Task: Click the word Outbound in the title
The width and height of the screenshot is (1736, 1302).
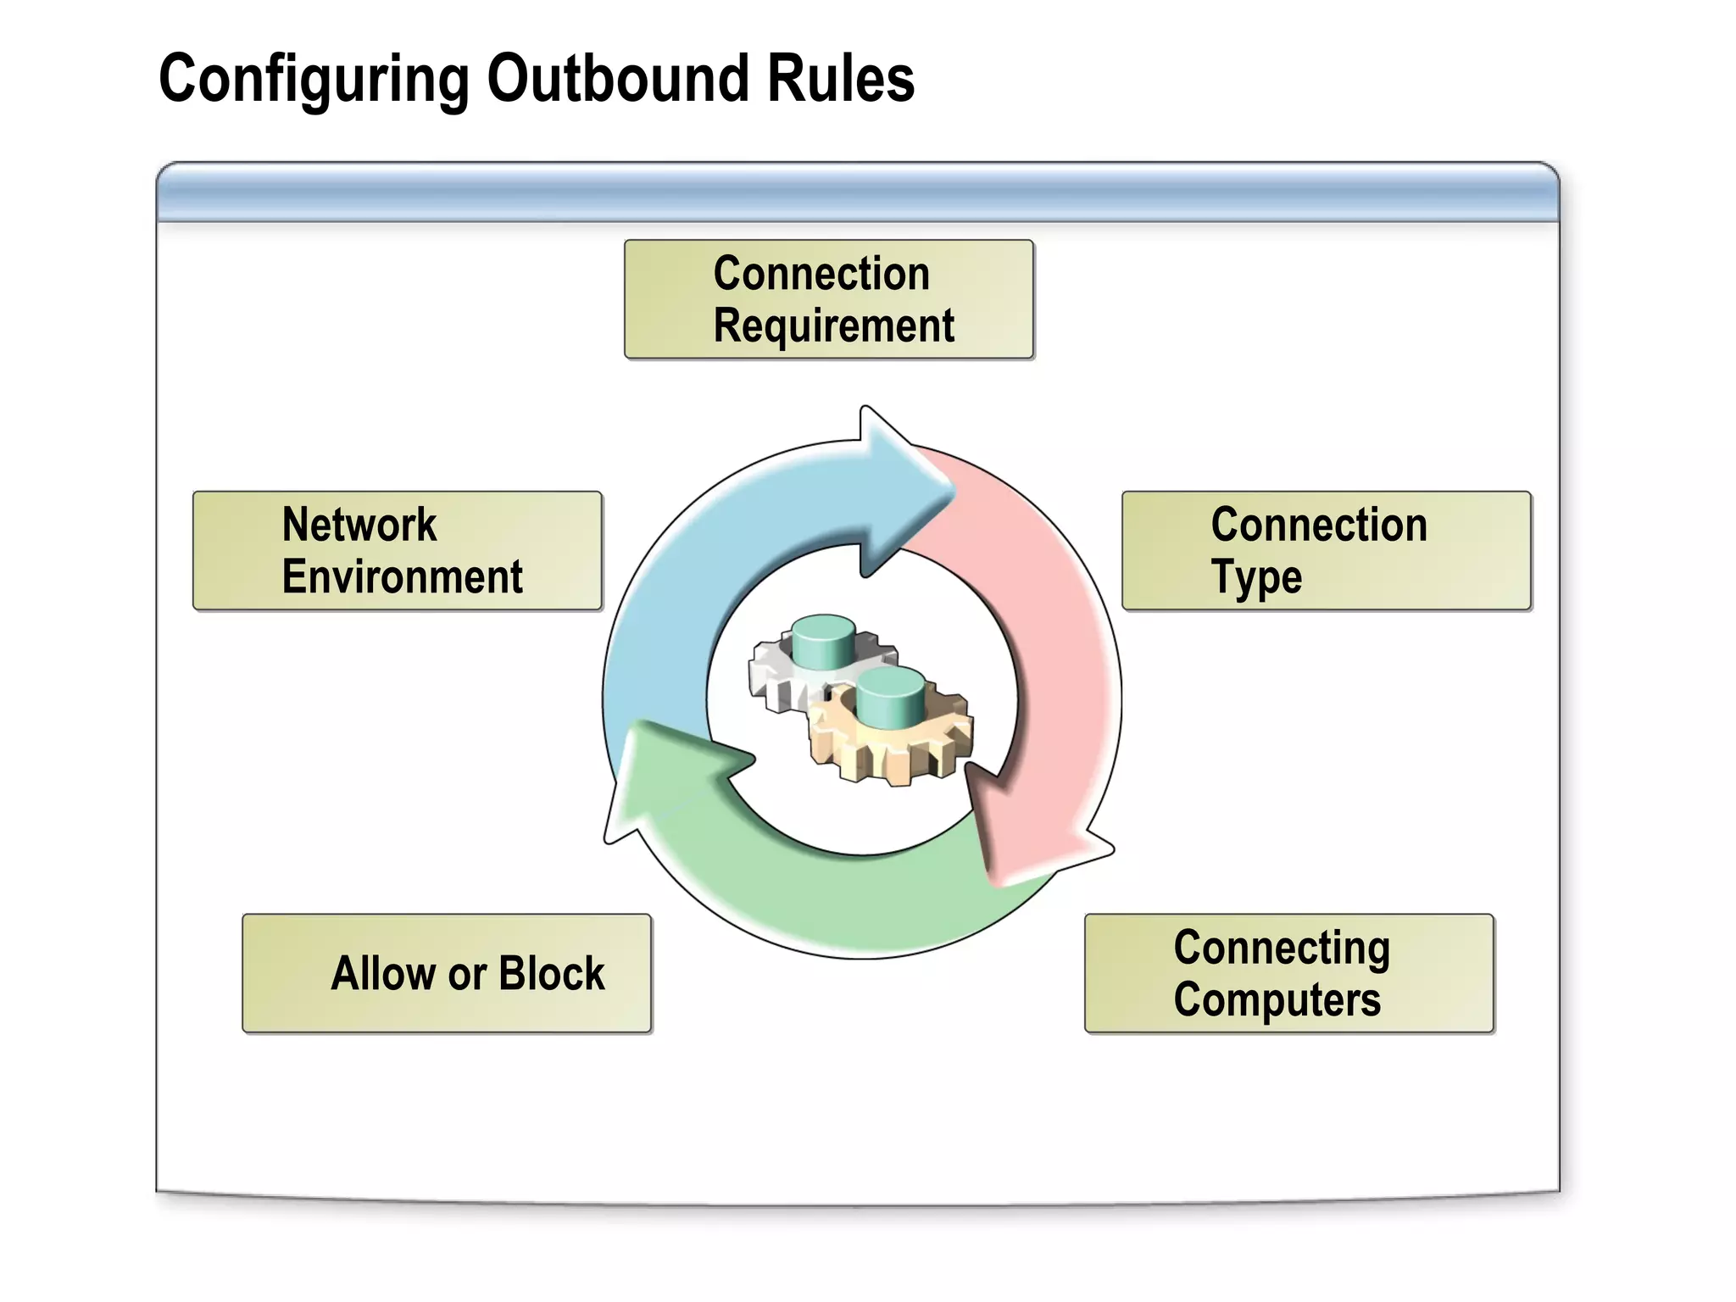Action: pyautogui.click(x=618, y=78)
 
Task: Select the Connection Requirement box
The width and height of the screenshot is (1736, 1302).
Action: pyautogui.click(x=828, y=299)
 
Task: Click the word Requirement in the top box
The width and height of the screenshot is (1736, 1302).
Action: pyautogui.click(x=833, y=326)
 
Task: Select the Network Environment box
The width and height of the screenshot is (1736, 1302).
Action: pyautogui.click(x=397, y=551)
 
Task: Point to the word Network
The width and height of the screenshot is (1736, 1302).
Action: pyautogui.click(x=359, y=525)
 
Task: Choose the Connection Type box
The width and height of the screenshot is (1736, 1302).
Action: pyautogui.click(x=1326, y=551)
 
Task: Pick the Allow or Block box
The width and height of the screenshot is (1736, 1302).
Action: pyautogui.click(x=447, y=973)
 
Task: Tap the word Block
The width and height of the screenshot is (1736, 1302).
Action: pyautogui.click(x=552, y=973)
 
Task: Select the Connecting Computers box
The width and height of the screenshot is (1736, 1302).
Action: pyautogui.click(x=1288, y=973)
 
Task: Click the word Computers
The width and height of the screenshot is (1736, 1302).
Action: pyautogui.click(x=1277, y=1000)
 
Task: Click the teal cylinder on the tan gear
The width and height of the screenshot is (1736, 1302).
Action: pyautogui.click(x=890, y=697)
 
